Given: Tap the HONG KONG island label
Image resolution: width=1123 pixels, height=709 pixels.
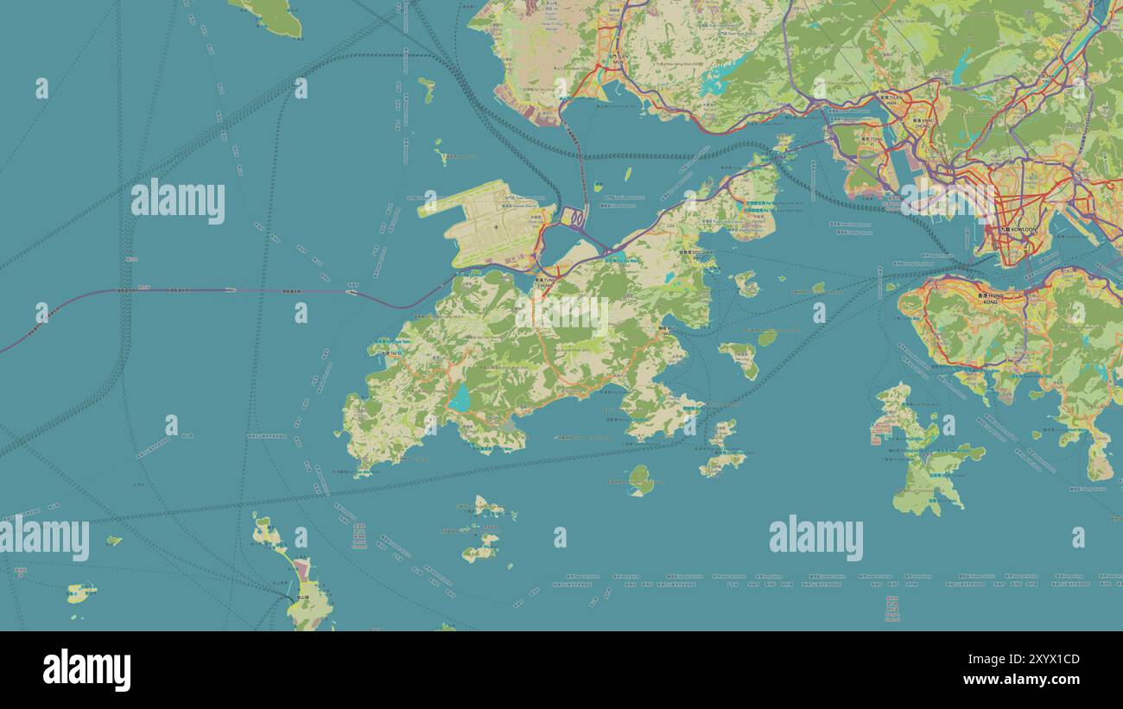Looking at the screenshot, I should (990, 299).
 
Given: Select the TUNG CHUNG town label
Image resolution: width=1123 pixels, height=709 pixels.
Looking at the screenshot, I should (545, 281).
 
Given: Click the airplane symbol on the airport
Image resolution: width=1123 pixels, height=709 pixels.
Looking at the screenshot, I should (496, 228).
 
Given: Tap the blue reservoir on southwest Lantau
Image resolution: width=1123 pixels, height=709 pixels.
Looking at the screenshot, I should (460, 399).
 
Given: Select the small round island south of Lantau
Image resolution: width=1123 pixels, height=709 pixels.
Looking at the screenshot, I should (640, 479).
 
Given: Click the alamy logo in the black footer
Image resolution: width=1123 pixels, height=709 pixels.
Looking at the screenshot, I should (86, 670).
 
